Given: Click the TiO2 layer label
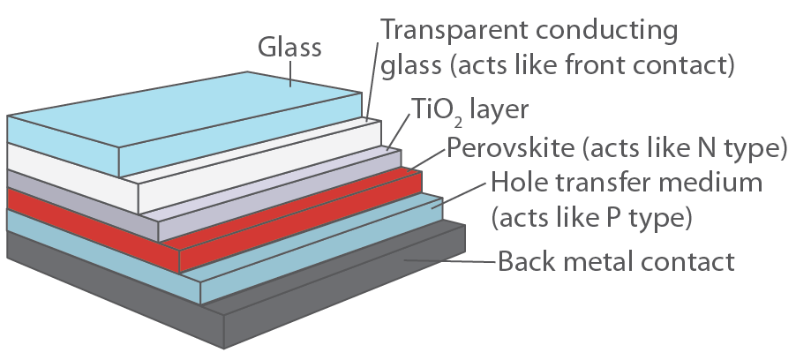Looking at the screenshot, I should (x=469, y=110).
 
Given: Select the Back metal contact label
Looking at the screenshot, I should (x=616, y=262).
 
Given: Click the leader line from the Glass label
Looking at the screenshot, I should (x=290, y=75).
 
